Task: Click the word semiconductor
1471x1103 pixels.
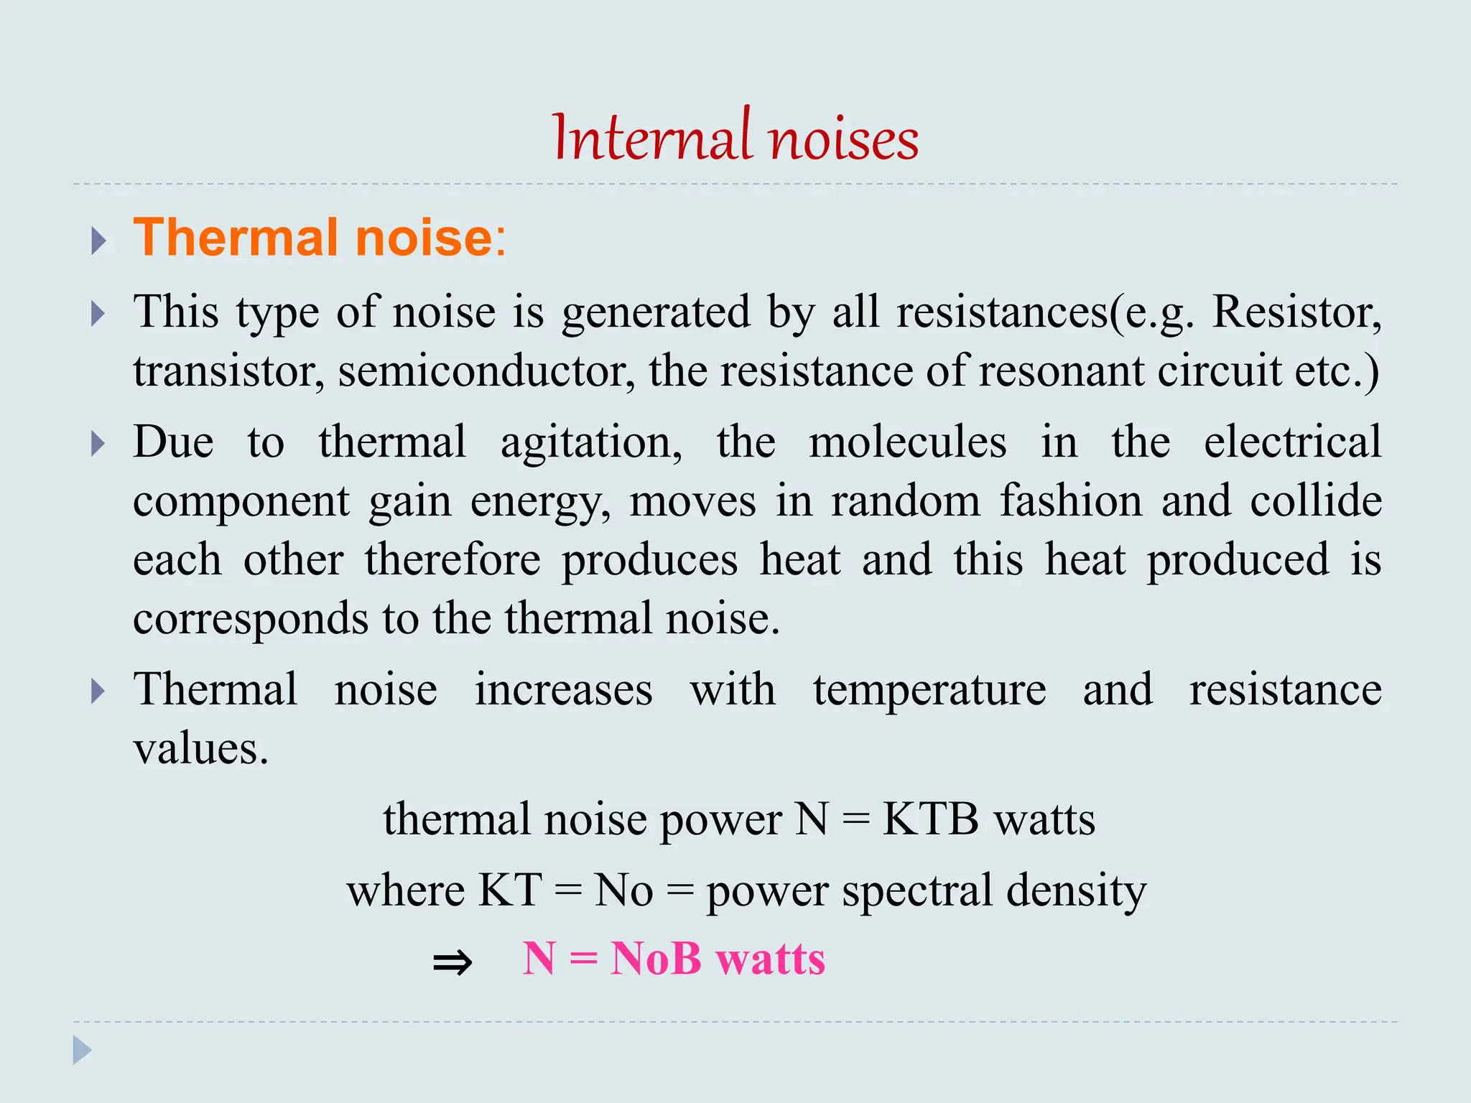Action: [486, 371]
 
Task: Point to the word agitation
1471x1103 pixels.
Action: [590, 442]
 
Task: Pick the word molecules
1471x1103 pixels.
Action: [907, 442]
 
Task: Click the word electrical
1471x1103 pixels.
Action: [1292, 442]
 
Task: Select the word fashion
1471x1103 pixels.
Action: [1071, 501]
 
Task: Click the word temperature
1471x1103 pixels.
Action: [929, 691]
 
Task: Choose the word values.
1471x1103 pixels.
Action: [200, 749]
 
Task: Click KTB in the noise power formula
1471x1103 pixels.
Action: [930, 819]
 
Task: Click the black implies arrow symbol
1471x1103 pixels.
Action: [453, 962]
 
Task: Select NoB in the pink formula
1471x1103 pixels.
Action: [655, 959]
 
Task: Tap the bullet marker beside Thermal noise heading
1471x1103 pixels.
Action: [99, 241]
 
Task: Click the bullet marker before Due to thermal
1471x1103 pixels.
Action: [99, 444]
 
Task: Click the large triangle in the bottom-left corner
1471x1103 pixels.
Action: [82, 1051]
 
